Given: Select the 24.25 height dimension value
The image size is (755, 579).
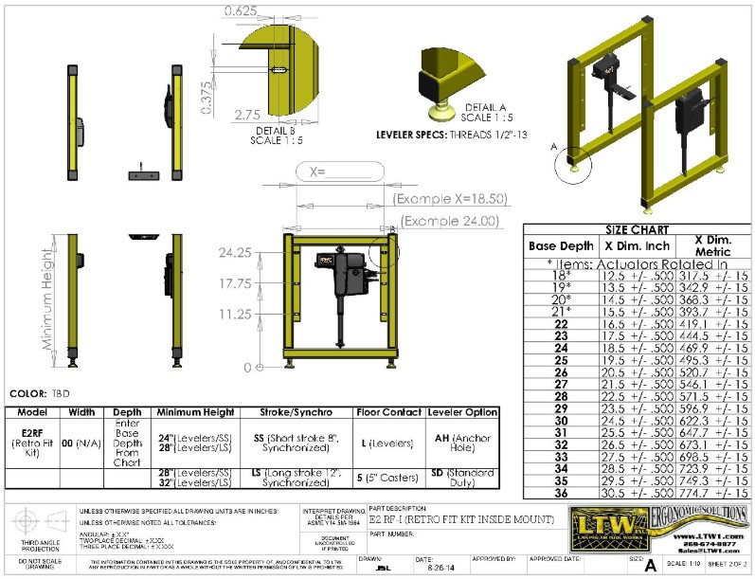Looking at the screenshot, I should coord(233,253).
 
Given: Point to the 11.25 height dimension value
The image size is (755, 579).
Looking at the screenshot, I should coord(233,313).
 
